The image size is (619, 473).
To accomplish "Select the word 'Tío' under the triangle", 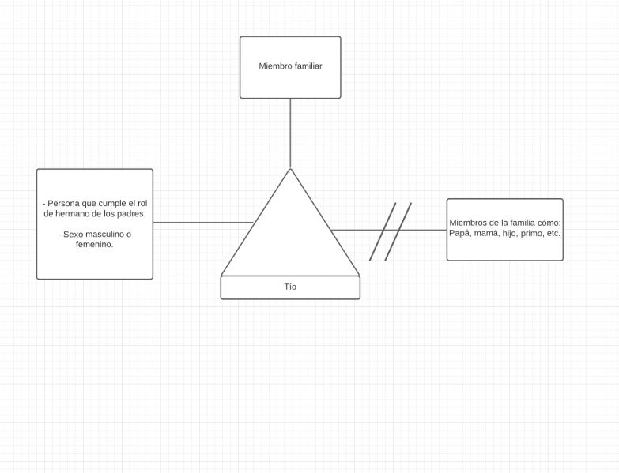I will click(290, 287).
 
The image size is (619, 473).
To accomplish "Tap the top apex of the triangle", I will click(290, 170).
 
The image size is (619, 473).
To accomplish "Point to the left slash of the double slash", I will click(383, 231).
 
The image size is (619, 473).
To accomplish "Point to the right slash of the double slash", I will click(398, 231).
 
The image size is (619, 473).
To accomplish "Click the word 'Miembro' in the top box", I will click(274, 66).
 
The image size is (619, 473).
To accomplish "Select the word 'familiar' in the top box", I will click(307, 66).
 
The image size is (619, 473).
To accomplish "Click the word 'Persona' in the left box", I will click(62, 203).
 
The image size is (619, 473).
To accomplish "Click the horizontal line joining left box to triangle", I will click(202, 223).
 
